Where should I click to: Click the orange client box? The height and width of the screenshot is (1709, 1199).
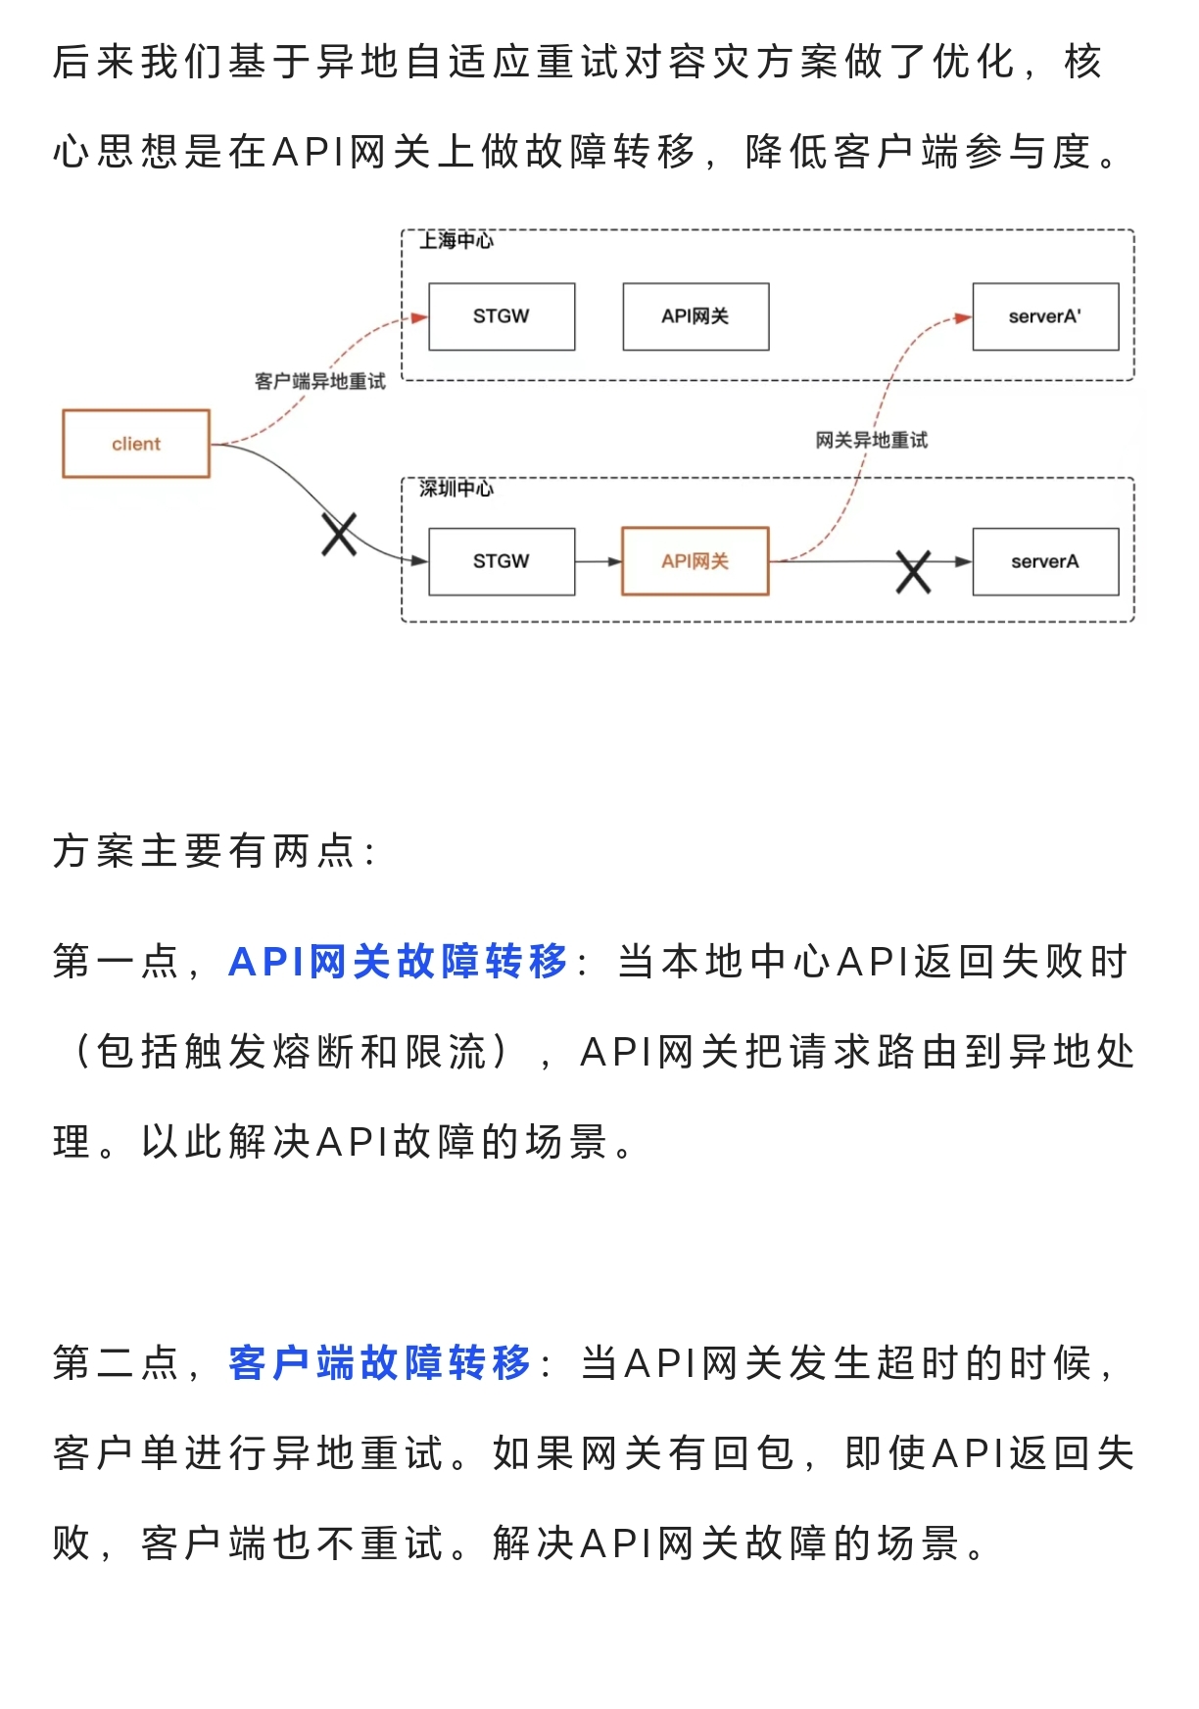[x=136, y=444]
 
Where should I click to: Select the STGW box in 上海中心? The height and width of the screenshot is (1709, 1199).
[x=502, y=316]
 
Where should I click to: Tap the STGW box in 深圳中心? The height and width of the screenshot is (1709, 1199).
[x=502, y=561]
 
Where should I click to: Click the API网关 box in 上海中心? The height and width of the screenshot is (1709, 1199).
[x=695, y=316]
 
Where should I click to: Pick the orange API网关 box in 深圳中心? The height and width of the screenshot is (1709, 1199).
[x=695, y=561]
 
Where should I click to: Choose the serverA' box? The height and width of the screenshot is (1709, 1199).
[x=1045, y=316]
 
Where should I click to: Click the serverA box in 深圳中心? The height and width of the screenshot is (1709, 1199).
[x=1045, y=561]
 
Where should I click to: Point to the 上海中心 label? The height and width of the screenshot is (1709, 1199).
[x=456, y=241]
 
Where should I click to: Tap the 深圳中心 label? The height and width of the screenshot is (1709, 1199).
[x=456, y=488]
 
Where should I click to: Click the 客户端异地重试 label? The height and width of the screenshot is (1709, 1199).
[x=320, y=381]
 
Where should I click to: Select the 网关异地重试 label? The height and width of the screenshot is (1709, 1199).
[x=872, y=441]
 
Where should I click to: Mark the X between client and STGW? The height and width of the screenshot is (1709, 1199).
[x=339, y=535]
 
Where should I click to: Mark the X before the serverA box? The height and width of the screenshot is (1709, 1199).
[x=913, y=572]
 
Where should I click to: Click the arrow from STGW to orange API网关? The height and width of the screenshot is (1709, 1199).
[x=599, y=561]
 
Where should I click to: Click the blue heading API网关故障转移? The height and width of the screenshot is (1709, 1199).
[x=398, y=962]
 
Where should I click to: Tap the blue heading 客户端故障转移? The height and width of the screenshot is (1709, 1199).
[x=380, y=1362]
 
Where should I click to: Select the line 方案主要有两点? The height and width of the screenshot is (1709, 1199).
[x=214, y=850]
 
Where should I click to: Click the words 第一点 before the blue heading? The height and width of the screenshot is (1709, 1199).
[x=116, y=962]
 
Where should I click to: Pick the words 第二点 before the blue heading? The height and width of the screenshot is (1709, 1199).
[x=116, y=1362]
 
